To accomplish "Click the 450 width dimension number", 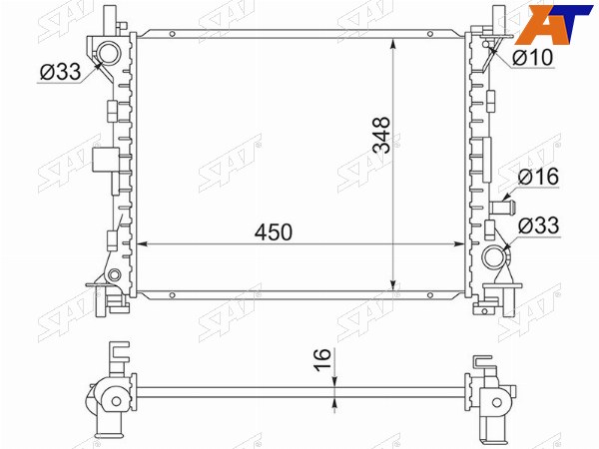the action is click(274, 232).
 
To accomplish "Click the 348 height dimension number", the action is click(382, 135).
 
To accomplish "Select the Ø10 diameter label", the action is click(533, 58).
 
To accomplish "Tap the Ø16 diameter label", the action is click(538, 177).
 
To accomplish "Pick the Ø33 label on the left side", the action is click(60, 72).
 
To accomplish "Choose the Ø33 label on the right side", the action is click(538, 225).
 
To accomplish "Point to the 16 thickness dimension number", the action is click(322, 359).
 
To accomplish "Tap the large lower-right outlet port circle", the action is click(494, 257).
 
